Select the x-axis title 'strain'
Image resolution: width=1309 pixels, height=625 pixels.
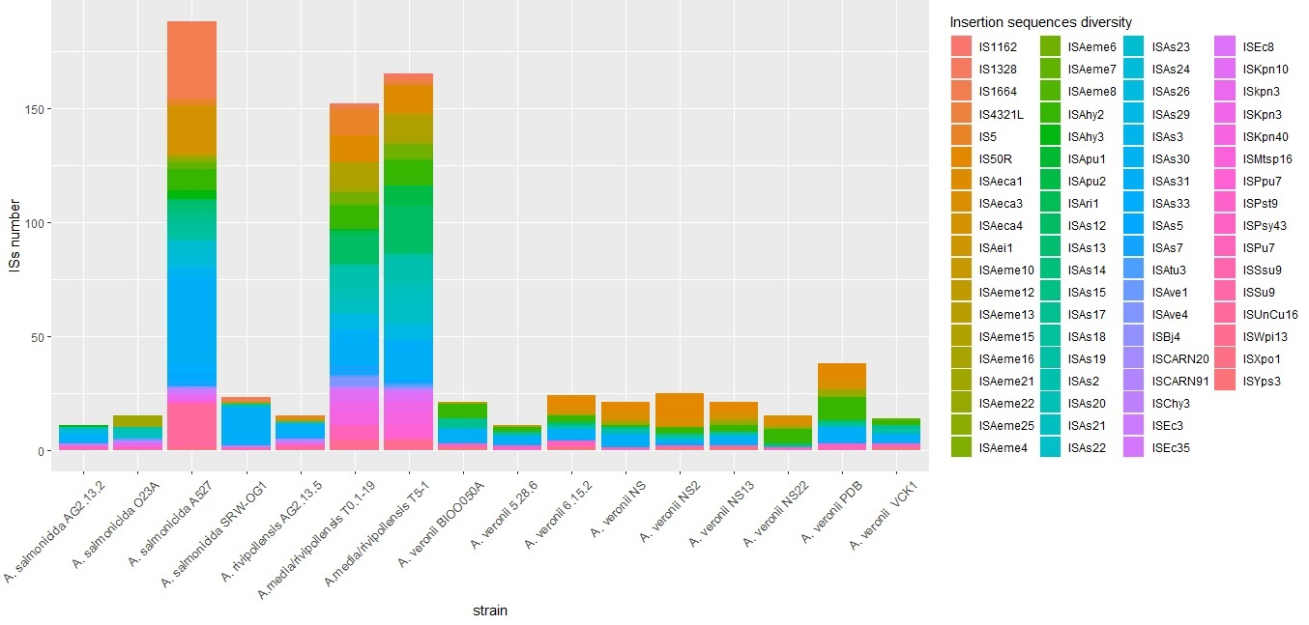[489, 611]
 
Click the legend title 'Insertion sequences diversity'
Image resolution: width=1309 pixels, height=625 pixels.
[1040, 22]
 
